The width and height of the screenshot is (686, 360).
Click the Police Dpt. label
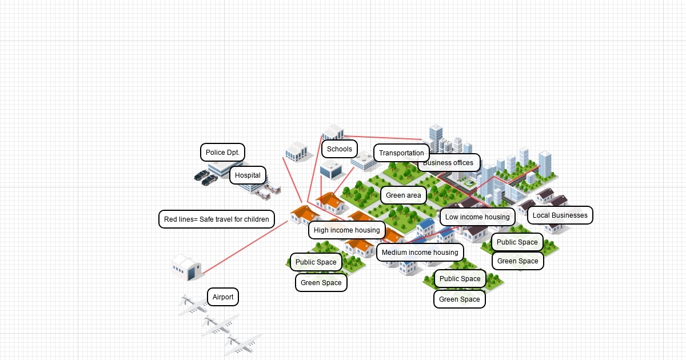(222, 153)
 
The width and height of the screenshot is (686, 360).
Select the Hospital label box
(248, 175)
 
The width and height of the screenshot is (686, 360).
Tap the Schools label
(340, 149)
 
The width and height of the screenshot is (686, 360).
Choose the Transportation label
(401, 153)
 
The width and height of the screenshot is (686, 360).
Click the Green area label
(403, 195)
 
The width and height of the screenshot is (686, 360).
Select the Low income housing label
(477, 217)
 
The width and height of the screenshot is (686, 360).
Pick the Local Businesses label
(560, 215)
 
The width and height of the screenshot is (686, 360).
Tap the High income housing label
(346, 230)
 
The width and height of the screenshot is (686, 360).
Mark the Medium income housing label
(420, 253)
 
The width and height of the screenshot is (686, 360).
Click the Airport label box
(223, 297)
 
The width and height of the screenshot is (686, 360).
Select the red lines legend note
(216, 219)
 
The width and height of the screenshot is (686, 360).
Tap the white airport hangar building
(187, 267)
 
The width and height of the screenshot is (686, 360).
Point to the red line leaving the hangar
(240, 249)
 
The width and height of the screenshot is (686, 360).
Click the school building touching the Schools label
(332, 132)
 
